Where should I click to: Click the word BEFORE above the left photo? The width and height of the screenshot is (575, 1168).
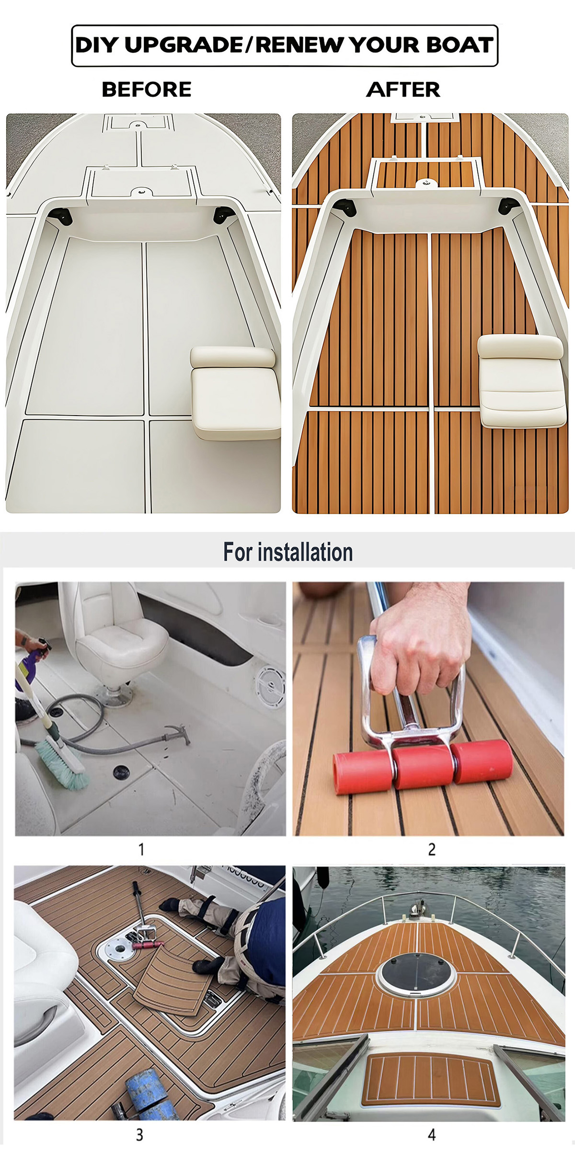[x=147, y=90]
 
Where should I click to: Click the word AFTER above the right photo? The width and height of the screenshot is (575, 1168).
[x=403, y=90]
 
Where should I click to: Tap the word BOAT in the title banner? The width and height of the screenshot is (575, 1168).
[x=460, y=45]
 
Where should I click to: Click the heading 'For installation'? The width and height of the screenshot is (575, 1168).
[x=288, y=552]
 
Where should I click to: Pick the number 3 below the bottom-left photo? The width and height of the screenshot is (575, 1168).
[x=139, y=1135]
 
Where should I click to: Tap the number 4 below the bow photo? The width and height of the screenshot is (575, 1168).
[x=432, y=1135]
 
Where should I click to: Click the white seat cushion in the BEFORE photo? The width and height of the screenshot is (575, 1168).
[x=235, y=392]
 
